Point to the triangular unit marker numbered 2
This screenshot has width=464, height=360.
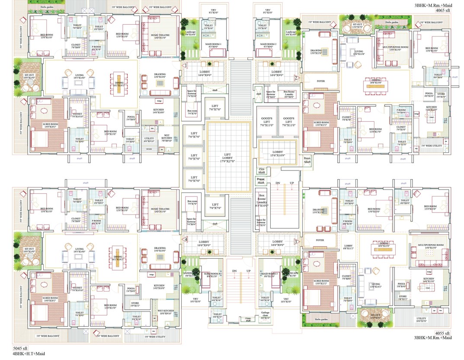pos(297,78)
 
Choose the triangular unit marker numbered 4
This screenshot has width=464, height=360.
pos(186,239)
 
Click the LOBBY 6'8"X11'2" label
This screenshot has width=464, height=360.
pos(348,247)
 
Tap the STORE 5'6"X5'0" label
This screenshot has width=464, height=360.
pos(441,96)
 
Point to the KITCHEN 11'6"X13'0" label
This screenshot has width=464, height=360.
pos(432,109)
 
